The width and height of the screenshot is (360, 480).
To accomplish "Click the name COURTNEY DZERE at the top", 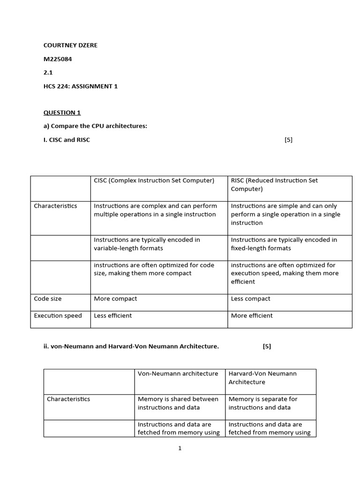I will click(70, 45).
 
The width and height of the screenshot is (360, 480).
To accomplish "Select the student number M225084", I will click(58, 59).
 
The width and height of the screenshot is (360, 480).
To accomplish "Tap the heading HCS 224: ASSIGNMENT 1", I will click(81, 86).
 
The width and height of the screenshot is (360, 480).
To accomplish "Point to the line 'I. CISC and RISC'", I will click(67, 140).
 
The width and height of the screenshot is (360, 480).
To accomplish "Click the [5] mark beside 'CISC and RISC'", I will click(288, 140).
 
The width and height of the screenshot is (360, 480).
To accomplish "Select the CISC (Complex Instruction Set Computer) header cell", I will click(154, 180).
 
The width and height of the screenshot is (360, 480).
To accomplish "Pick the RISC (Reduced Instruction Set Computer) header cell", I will click(274, 185).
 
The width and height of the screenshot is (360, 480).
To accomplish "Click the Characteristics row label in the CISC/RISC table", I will click(55, 206).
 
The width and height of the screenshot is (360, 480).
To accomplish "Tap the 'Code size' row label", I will click(47, 299).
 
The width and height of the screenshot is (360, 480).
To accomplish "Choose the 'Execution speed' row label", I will click(58, 315).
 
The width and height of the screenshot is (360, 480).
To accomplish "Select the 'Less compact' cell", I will click(251, 299).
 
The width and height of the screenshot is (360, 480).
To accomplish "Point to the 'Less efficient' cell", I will click(113, 315).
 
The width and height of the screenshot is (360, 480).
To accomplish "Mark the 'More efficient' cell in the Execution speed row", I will click(252, 315).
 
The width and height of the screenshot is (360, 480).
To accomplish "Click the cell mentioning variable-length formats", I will click(147, 244).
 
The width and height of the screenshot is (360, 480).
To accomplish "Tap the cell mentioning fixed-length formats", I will click(284, 244).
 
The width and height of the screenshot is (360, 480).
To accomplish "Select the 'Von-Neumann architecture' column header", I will click(178, 374).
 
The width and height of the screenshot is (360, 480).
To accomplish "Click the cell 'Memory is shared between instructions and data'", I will click(178, 403).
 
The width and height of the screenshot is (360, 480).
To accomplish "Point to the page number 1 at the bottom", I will click(180, 448).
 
